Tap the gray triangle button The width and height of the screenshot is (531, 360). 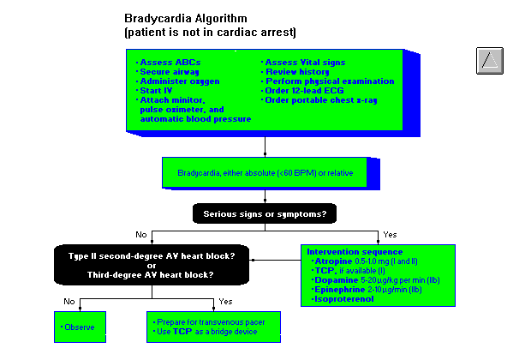489,60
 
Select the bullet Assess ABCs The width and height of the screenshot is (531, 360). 168,63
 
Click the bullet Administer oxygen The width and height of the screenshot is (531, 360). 179,81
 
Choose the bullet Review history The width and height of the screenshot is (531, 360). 304,72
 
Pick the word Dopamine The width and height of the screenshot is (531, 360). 336,279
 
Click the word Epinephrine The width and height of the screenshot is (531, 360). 339,289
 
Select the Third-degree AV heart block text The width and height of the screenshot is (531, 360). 151,275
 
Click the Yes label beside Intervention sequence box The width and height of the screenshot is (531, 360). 390,234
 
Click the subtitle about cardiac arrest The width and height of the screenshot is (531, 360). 211,32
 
